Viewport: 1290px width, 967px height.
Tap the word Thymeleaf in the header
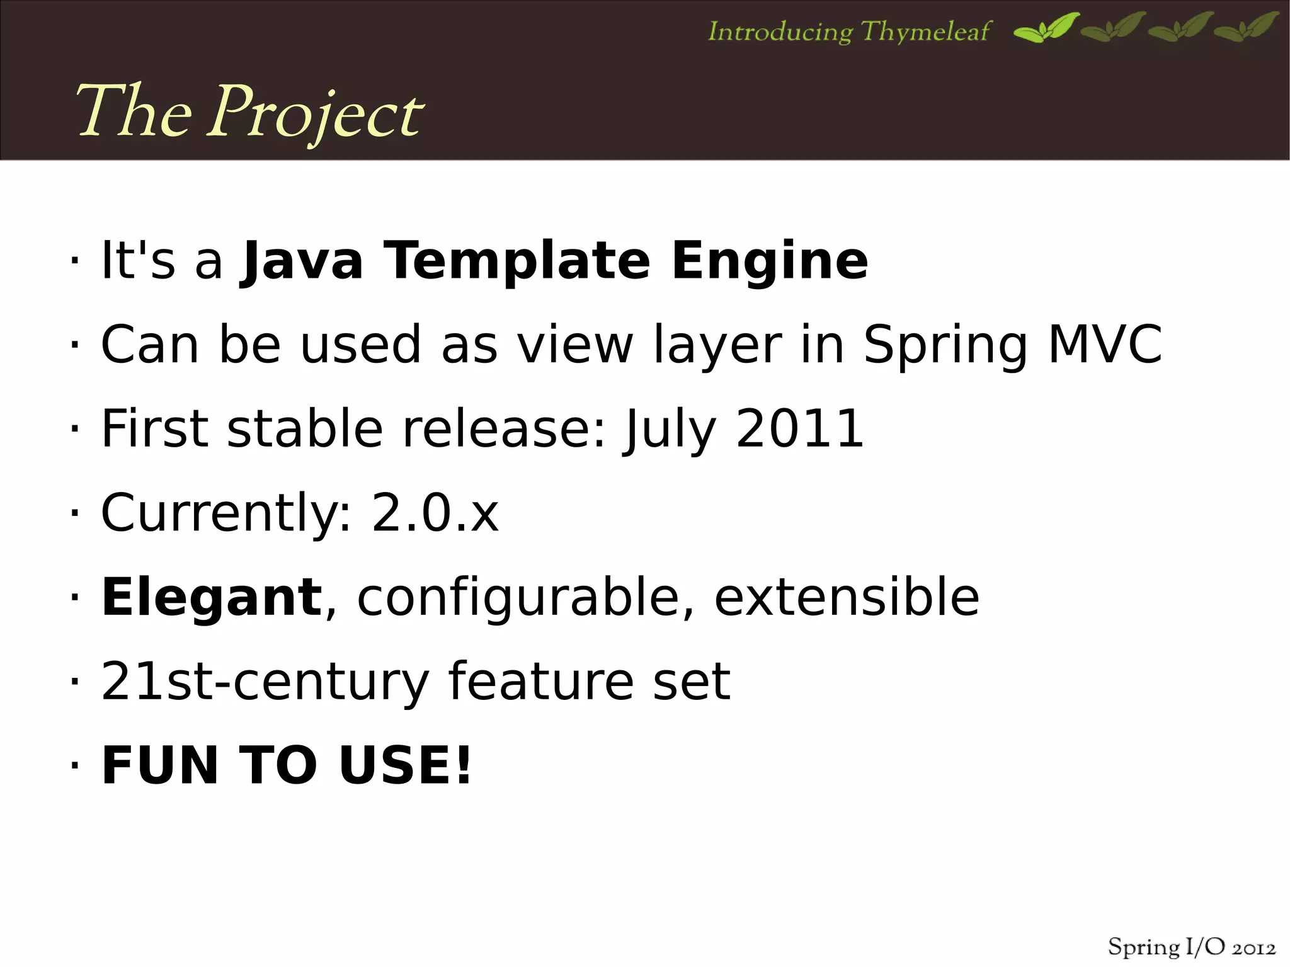click(925, 31)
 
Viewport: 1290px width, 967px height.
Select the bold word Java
click(302, 261)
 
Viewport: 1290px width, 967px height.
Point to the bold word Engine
click(769, 261)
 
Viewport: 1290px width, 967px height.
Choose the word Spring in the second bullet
click(945, 346)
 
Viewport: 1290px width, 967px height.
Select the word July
click(670, 430)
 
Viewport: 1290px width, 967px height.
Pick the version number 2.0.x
click(435, 513)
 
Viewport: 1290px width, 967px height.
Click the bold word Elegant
click(212, 597)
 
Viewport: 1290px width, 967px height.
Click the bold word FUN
click(160, 765)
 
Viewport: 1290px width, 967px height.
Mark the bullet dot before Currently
click(74, 513)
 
